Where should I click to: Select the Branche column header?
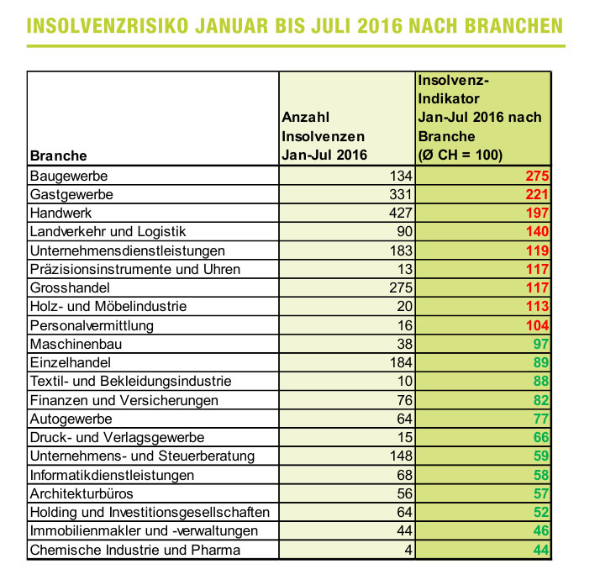[x=59, y=155]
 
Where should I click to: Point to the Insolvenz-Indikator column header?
[x=479, y=117]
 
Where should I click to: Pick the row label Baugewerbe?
[x=70, y=176]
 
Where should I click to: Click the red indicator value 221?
[x=536, y=194]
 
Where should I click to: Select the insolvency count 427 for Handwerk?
[x=401, y=213]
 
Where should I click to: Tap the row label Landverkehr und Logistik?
[x=108, y=231]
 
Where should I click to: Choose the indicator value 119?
[x=536, y=250]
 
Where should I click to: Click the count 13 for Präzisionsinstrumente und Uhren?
[x=405, y=269]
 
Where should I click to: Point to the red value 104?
[x=536, y=325]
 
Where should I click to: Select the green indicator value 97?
[x=540, y=344]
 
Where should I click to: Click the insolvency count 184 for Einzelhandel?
[x=401, y=362]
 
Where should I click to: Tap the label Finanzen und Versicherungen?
[x=124, y=400]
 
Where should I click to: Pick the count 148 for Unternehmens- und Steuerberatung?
[x=401, y=456]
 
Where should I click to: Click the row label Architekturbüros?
[x=81, y=493]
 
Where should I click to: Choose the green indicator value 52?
[x=540, y=512]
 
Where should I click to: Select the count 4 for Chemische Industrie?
[x=408, y=550]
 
